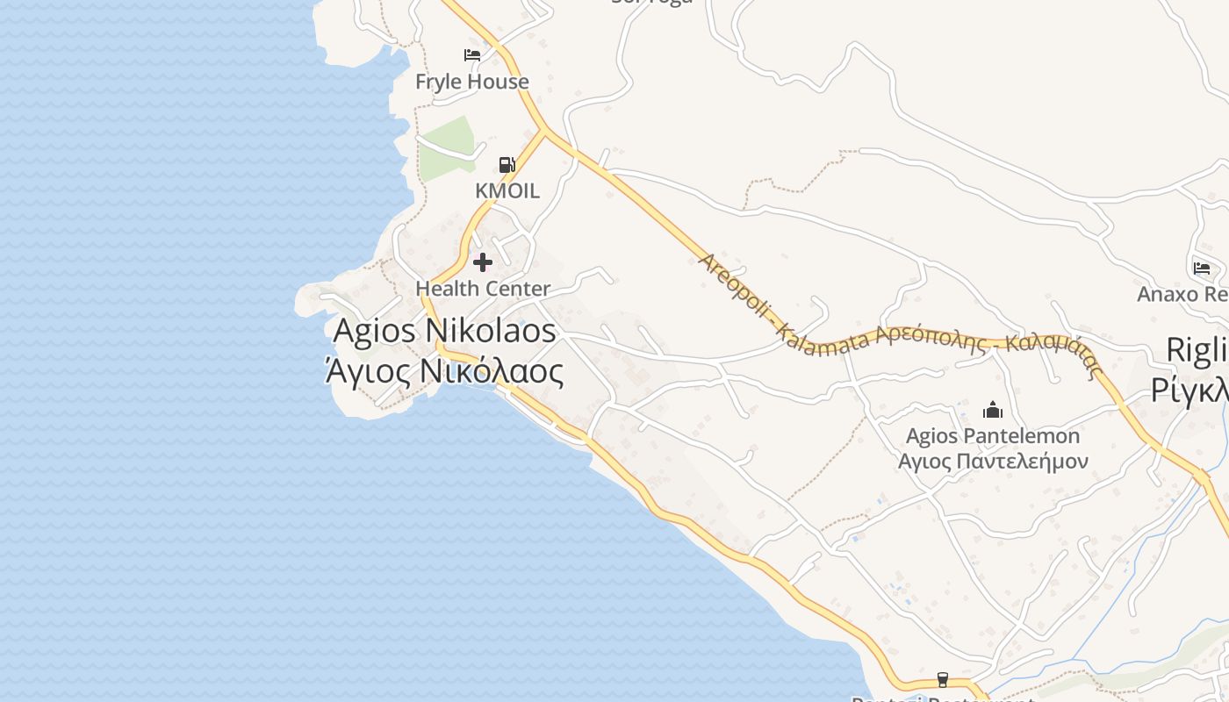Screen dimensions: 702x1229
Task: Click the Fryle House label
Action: [x=471, y=82]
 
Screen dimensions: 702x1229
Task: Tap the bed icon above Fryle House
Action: [x=472, y=55]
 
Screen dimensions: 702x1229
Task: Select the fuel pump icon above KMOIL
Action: [x=507, y=164]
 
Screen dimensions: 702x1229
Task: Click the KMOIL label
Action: [x=507, y=190]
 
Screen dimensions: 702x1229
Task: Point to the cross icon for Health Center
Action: [x=483, y=261]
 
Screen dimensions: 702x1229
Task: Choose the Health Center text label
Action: [x=483, y=288]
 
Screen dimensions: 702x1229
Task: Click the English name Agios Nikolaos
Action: [x=444, y=331]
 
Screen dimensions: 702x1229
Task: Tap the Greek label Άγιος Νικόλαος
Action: [x=444, y=371]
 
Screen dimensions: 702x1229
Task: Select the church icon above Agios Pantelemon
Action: [x=993, y=410]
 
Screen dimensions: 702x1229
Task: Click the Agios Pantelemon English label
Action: [x=993, y=436]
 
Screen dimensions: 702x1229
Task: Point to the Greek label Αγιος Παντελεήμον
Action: [x=993, y=462]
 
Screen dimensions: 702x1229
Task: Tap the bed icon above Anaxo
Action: [x=1202, y=268]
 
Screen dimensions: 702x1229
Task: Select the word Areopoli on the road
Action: [x=734, y=287]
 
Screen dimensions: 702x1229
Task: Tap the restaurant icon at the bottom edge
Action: [x=943, y=679]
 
